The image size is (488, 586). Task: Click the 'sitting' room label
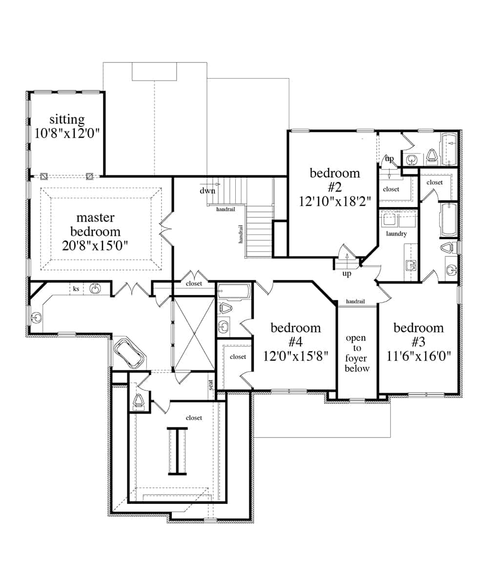click(67, 120)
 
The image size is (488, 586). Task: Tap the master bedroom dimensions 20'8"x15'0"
click(95, 246)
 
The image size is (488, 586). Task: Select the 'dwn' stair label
click(207, 191)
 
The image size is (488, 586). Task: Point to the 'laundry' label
click(396, 233)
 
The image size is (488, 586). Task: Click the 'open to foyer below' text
click(356, 353)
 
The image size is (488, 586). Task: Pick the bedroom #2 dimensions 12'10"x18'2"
click(335, 201)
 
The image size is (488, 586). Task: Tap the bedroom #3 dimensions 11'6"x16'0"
click(418, 356)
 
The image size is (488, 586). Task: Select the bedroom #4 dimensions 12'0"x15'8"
click(296, 356)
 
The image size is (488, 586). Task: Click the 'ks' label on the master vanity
click(76, 289)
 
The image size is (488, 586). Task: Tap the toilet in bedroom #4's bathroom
click(225, 308)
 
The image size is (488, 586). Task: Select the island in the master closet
click(177, 451)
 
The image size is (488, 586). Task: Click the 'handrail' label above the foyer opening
click(355, 301)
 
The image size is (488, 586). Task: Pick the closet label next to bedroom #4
click(238, 356)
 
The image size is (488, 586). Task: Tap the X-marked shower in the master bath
click(195, 334)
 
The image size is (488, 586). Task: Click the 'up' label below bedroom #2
click(346, 273)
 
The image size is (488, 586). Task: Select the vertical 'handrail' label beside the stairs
click(241, 234)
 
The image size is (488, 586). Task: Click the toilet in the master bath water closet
click(138, 400)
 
